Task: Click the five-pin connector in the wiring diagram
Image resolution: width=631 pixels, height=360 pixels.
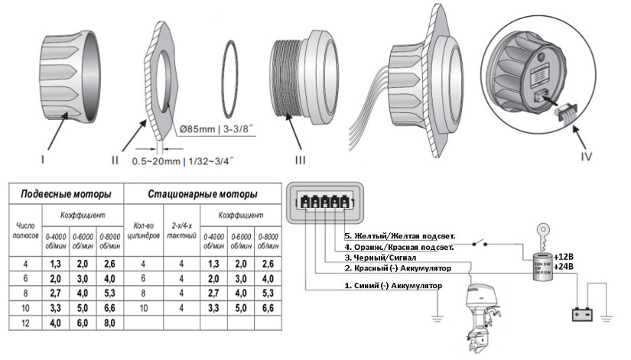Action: coord(322,202)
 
